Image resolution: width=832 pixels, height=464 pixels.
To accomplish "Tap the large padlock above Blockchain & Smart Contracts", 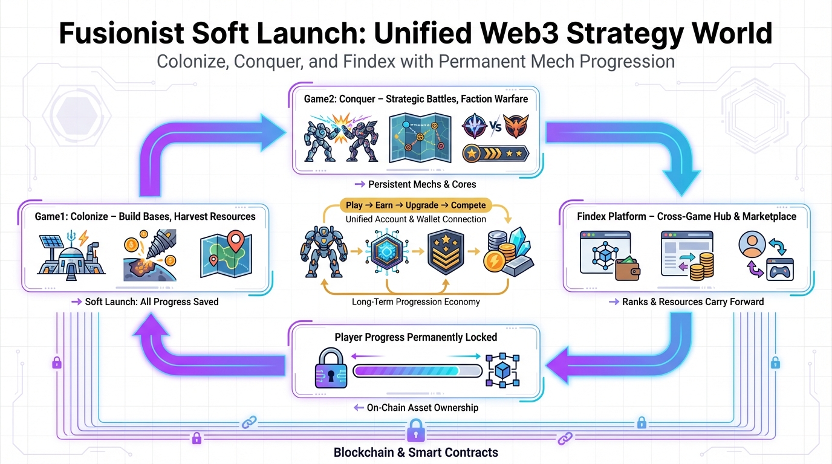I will pyautogui.click(x=415, y=431).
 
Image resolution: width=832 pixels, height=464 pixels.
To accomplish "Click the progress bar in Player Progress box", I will pyautogui.click(x=417, y=370).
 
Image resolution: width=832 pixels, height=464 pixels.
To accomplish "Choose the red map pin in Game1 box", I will pyautogui.click(x=232, y=241).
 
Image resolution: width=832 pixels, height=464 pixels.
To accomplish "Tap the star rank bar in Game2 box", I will pyautogui.click(x=495, y=153).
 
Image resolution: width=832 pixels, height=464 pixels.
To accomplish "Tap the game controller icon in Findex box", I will pyautogui.click(x=779, y=270).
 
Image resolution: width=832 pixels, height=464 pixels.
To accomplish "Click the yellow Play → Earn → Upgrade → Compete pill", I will pyautogui.click(x=415, y=205).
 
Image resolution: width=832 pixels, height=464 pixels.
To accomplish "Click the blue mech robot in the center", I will pyautogui.click(x=320, y=252).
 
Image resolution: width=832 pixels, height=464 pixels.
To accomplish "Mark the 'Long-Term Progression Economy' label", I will pyautogui.click(x=415, y=301).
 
